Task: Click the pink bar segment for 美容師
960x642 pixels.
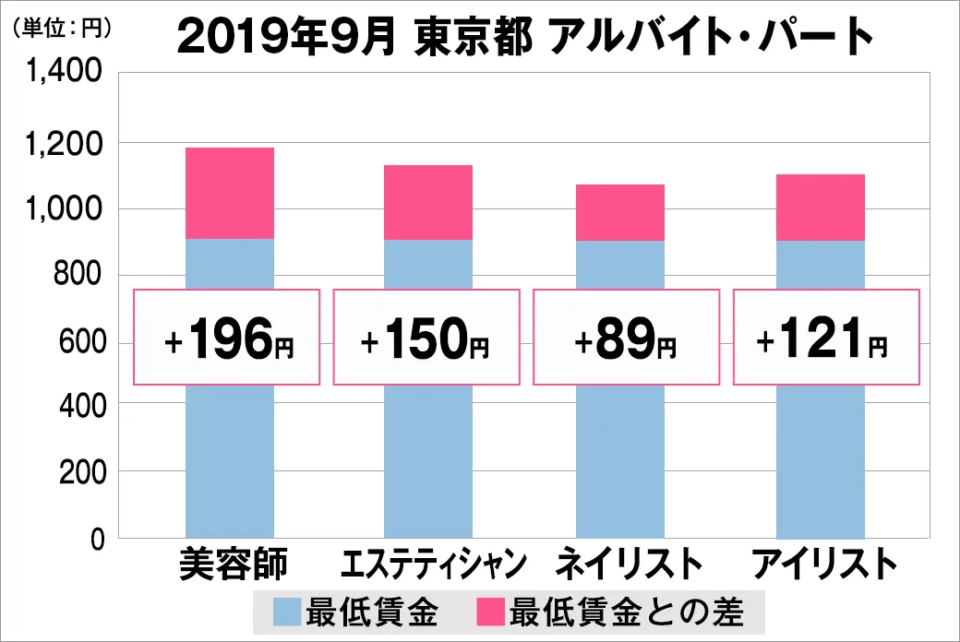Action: point(229,193)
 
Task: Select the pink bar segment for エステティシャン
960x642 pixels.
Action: point(428,202)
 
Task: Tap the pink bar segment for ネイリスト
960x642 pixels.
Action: point(619,212)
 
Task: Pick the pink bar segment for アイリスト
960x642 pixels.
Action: point(820,208)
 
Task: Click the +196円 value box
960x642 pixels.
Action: point(227,337)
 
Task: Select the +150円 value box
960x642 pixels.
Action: point(426,337)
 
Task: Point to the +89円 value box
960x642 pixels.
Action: point(626,337)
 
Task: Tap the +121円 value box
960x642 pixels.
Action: point(826,337)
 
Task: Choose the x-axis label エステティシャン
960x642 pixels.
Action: point(434,564)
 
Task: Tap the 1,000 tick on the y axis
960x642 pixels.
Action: point(66,209)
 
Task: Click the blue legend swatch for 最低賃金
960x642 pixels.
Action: point(287,611)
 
